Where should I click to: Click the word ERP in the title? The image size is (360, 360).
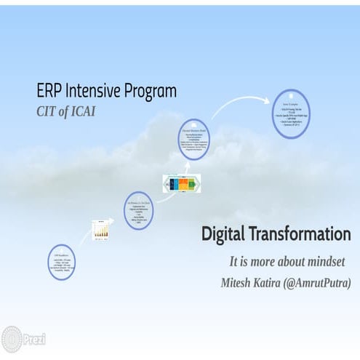tap(48, 92)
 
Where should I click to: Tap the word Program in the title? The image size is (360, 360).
tap(152, 92)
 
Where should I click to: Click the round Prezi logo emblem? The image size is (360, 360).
tap(12, 337)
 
